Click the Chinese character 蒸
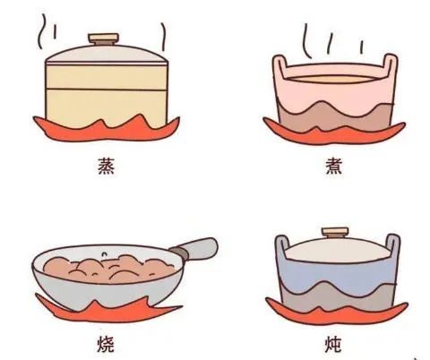(107, 166)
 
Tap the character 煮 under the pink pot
(333, 166)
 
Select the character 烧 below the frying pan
(106, 345)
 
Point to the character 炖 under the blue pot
(333, 345)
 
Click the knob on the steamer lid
(103, 39)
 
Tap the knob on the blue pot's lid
(335, 233)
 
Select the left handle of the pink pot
(279, 66)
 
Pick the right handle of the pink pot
(390, 65)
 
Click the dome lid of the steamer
(107, 55)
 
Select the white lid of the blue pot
(337, 250)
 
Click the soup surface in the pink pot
(332, 79)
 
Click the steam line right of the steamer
(163, 37)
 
